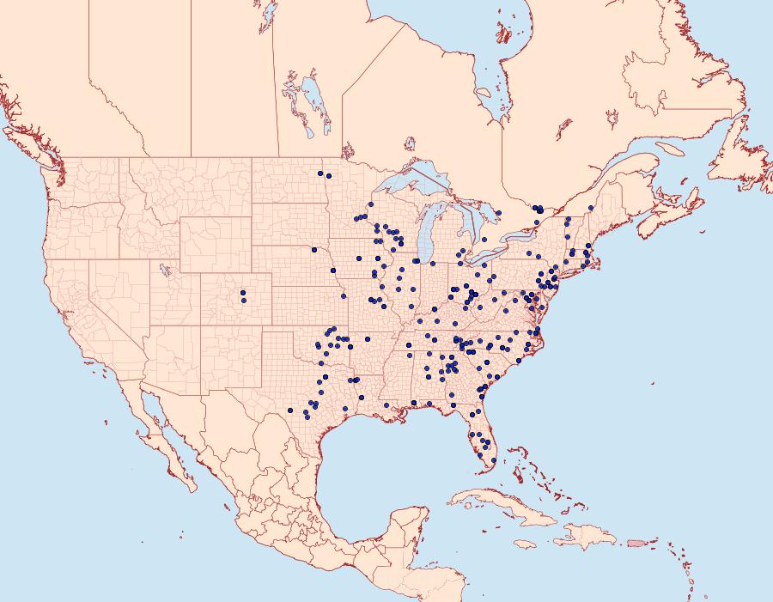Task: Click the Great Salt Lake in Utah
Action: coord(163,268)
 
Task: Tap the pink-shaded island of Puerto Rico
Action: coord(636,542)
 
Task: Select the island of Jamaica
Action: coord(525,544)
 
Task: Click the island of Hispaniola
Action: coord(588,537)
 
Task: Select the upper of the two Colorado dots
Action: coord(243,294)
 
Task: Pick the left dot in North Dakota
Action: coord(320,173)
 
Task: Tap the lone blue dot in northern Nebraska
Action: coord(315,250)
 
